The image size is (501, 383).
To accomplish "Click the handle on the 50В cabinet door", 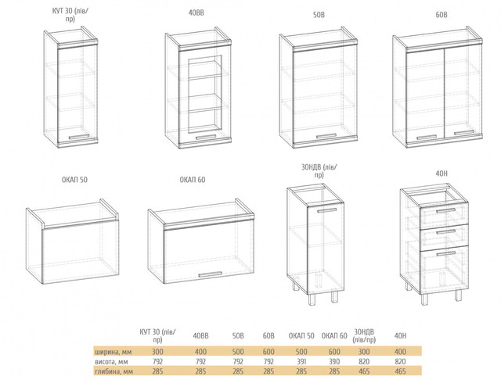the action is (326, 136).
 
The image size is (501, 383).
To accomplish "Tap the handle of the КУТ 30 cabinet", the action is (78, 137).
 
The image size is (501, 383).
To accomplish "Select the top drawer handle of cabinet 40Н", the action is (445, 211).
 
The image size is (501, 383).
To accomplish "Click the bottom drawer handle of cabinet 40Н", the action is (445, 253).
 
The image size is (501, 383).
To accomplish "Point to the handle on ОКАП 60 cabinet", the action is (210, 274).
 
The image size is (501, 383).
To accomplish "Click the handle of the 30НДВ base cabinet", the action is (327, 210).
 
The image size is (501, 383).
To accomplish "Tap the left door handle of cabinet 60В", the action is (427, 137).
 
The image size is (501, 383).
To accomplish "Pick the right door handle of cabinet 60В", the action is (464, 133).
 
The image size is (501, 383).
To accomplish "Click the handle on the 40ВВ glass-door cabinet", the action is (206, 137).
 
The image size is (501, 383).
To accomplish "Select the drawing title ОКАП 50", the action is (74, 180).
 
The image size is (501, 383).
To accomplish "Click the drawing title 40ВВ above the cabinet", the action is (196, 13).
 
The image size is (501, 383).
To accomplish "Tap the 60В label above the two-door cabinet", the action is (442, 15).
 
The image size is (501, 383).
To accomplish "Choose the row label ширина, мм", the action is (114, 352).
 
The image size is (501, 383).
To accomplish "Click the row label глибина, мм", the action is (114, 371).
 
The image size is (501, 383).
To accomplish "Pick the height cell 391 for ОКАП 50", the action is (301, 361).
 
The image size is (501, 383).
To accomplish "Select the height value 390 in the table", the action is (334, 361).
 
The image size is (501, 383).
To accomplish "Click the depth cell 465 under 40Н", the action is (400, 371).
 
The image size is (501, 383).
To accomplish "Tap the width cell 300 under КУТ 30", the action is (157, 352).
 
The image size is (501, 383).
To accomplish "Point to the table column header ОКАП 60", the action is (334, 336).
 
